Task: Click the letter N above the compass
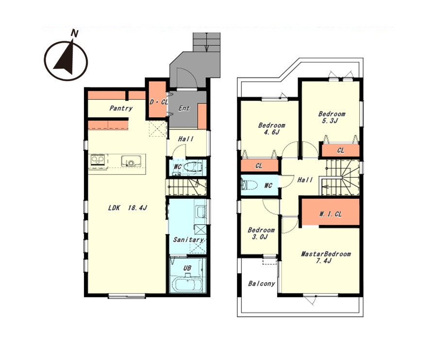pyautogui.click(x=75, y=34)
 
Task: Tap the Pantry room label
pyautogui.click(x=121, y=108)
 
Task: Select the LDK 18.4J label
pyautogui.click(x=128, y=208)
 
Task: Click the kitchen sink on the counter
pyautogui.click(x=131, y=161)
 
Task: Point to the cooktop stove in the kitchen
pyautogui.click(x=98, y=159)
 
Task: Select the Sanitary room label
pyautogui.click(x=189, y=240)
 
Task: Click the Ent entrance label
pyautogui.click(x=184, y=108)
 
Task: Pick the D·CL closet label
pyautogui.click(x=159, y=102)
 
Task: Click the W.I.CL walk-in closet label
pyautogui.click(x=330, y=214)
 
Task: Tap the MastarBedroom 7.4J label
pyautogui.click(x=326, y=257)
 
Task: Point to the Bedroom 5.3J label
pyautogui.click(x=332, y=117)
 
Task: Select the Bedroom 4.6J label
pyautogui.click(x=271, y=129)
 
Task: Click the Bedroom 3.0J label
pyautogui.click(x=261, y=233)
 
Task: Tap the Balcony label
pyautogui.click(x=262, y=284)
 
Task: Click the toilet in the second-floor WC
pyautogui.click(x=246, y=185)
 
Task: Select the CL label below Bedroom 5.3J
pyautogui.click(x=341, y=151)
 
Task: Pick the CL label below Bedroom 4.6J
pyautogui.click(x=259, y=166)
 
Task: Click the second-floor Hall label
pyautogui.click(x=305, y=180)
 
